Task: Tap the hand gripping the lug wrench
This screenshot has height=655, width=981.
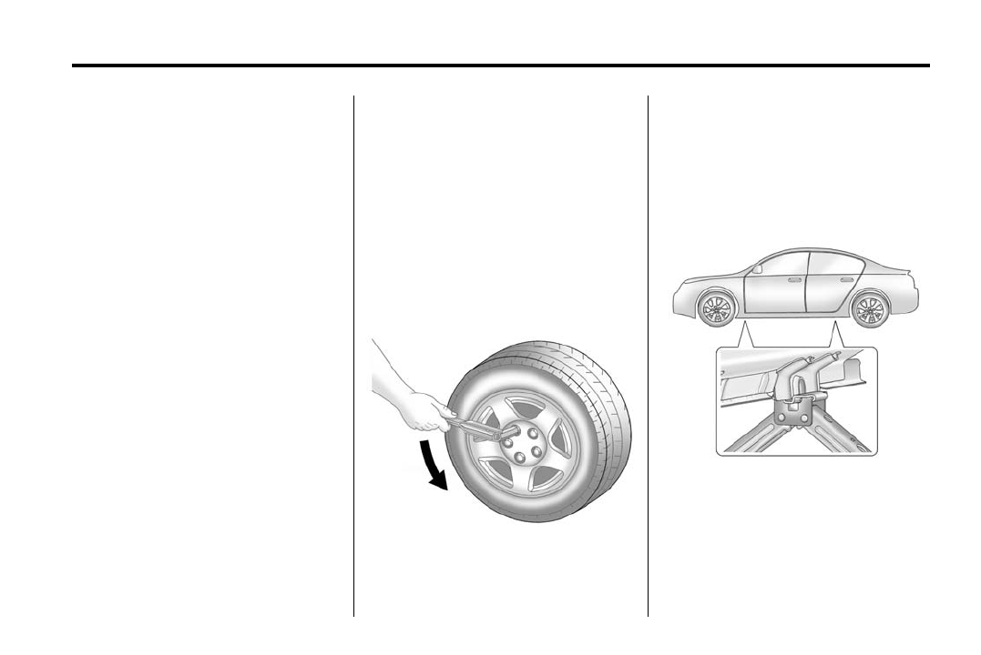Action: pyautogui.click(x=426, y=410)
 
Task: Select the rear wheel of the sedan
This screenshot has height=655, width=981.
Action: pyautogui.click(x=868, y=308)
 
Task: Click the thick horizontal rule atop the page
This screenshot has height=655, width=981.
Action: pyautogui.click(x=500, y=65)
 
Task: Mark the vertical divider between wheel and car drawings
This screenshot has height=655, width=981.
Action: pyautogui.click(x=648, y=355)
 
